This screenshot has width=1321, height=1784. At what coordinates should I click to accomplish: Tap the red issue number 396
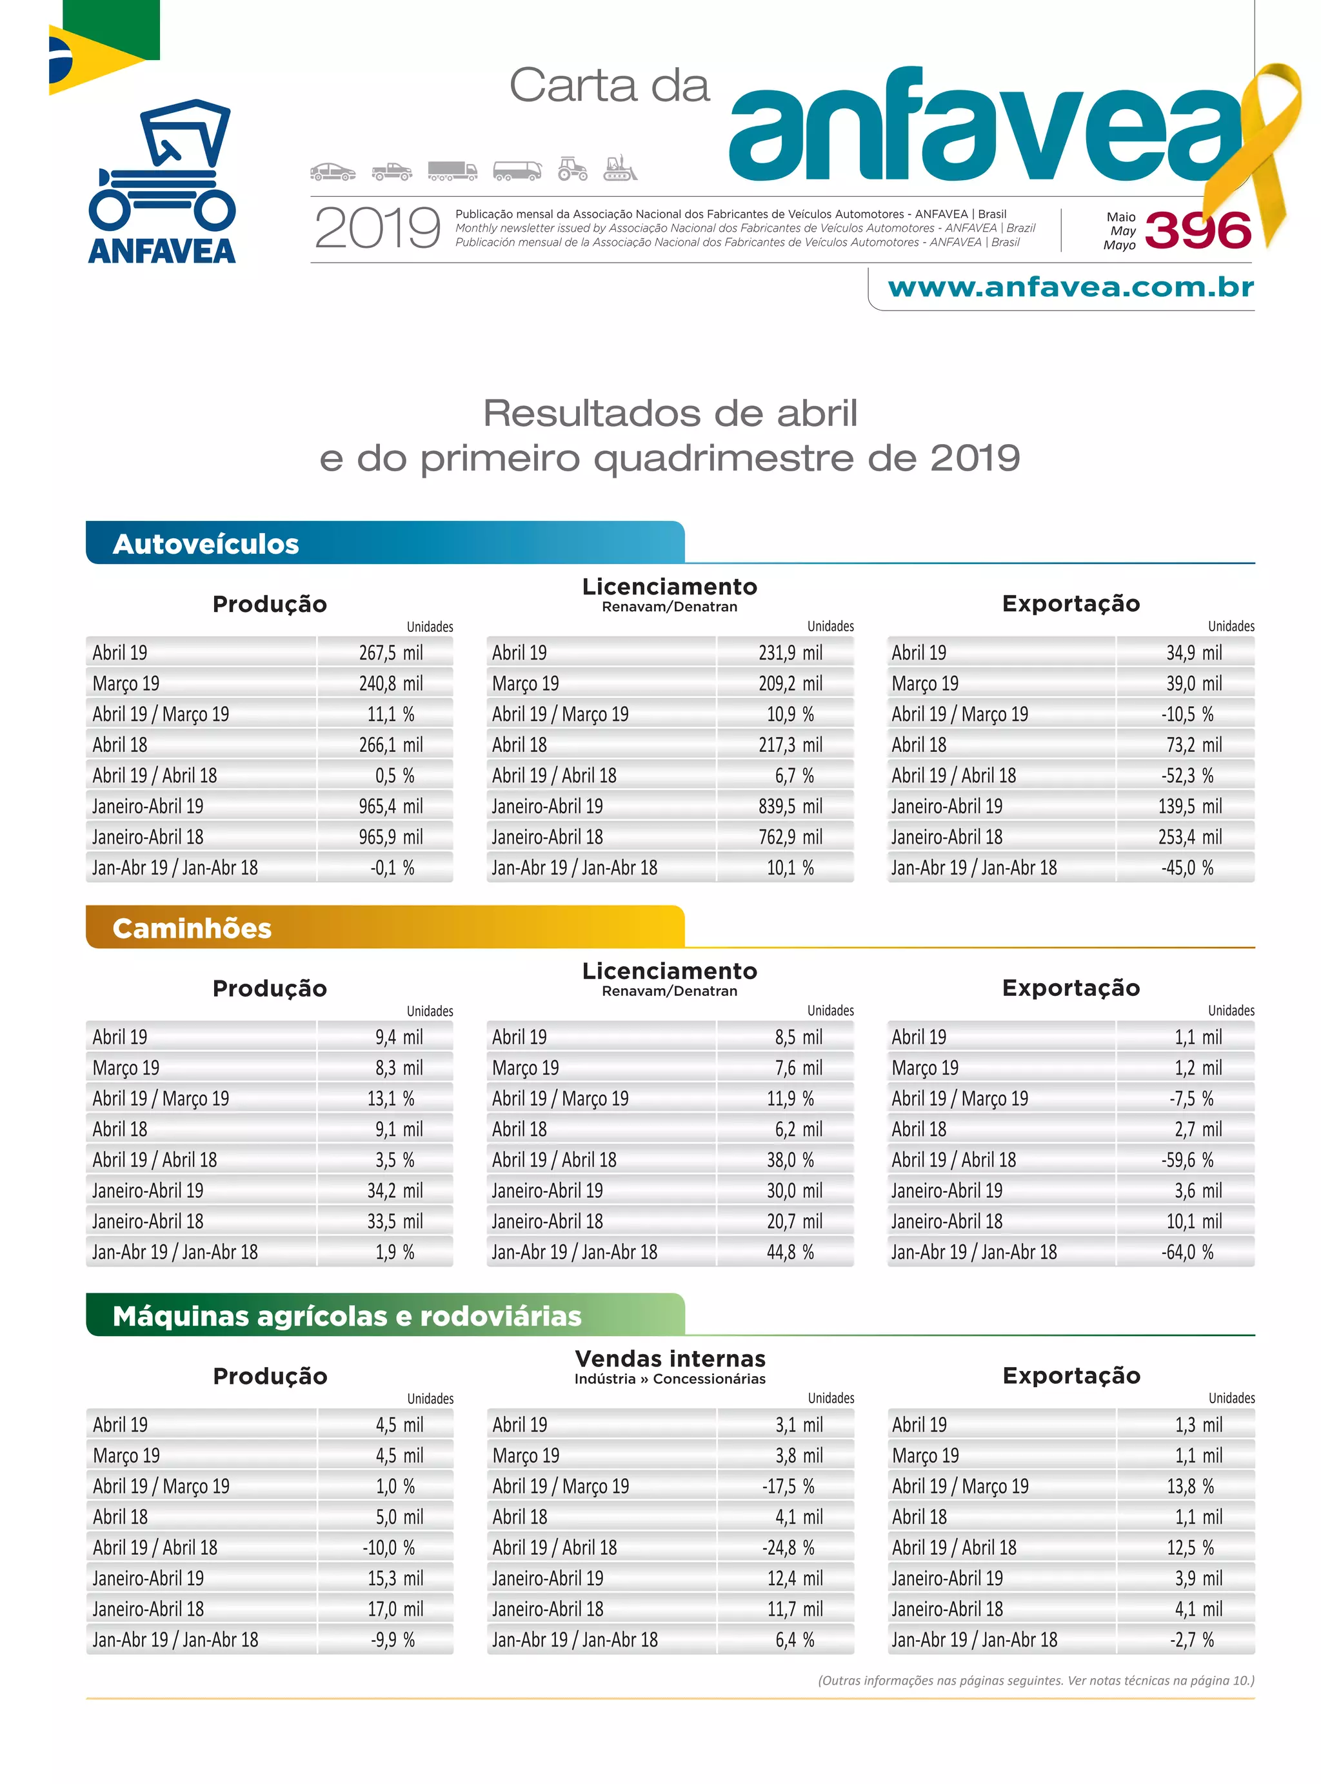click(1197, 230)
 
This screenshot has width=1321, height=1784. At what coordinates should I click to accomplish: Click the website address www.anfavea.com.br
click(1070, 287)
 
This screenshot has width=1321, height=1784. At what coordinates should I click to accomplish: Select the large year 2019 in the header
click(377, 228)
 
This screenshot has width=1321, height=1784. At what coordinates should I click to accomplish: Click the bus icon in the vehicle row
click(517, 170)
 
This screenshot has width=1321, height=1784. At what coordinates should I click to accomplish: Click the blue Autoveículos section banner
click(384, 543)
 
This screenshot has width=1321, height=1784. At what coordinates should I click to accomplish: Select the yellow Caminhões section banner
click(384, 927)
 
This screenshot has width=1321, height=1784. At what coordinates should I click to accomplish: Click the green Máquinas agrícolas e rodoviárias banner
click(384, 1315)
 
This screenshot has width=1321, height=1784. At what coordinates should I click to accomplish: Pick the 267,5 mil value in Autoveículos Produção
click(390, 653)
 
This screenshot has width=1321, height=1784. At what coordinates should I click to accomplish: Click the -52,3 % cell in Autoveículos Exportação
click(1187, 775)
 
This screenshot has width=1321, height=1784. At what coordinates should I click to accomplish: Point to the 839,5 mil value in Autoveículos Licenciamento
click(790, 806)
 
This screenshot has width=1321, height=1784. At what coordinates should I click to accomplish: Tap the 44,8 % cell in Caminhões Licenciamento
click(790, 1252)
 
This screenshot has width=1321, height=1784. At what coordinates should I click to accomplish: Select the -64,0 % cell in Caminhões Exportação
click(1187, 1252)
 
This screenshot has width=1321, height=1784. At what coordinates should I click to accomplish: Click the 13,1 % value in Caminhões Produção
click(390, 1099)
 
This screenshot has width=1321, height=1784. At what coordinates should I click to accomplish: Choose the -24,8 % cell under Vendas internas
click(788, 1547)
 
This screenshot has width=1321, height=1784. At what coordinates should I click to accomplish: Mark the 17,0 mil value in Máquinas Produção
click(395, 1609)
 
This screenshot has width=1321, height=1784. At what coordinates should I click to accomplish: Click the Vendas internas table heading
click(670, 1359)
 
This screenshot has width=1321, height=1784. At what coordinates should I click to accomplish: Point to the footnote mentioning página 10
click(1035, 1680)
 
